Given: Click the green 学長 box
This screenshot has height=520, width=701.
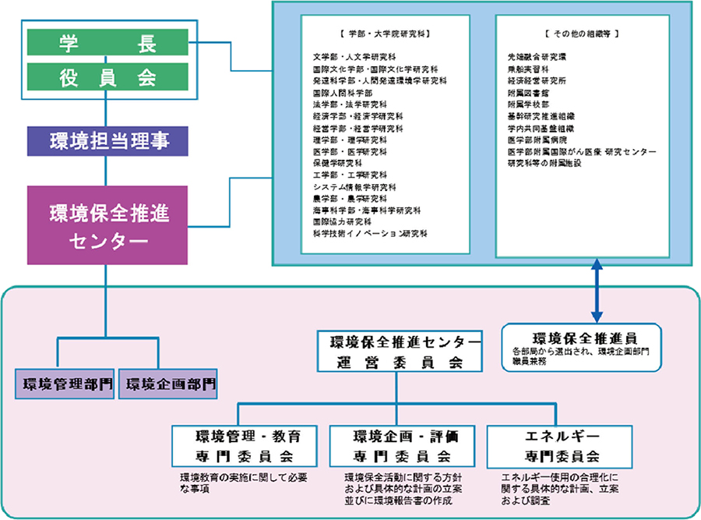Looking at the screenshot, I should pos(106,43).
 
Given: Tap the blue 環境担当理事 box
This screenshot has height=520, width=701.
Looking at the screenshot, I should pos(107,141).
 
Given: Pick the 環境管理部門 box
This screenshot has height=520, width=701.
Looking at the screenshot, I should pos(66,384).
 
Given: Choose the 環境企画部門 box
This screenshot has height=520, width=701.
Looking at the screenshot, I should pos(167,384).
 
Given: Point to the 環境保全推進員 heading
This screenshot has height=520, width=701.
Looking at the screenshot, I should pos(585,338).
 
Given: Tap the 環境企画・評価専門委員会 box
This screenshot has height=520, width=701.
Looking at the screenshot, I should pos(401,445).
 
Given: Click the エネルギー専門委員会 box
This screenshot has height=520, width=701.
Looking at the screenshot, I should pos(558,445).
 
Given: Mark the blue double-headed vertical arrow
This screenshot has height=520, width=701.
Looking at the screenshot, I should pos(596,292).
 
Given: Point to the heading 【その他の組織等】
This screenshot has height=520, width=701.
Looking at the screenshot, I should pos(582,34).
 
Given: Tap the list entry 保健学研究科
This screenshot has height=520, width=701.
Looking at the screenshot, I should pos(337,163).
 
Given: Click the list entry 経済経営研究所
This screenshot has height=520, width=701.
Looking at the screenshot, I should pos(538,80).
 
